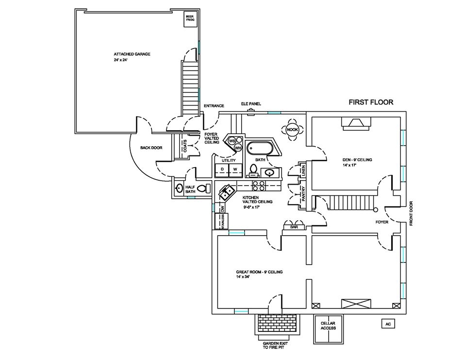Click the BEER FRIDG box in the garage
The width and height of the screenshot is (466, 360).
pos(190,19)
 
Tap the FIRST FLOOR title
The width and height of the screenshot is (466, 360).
pos(371,103)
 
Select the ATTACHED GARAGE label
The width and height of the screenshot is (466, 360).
pos(132,54)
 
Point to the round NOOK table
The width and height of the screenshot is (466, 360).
pos(292,129)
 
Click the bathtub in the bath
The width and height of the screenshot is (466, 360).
pos(259,148)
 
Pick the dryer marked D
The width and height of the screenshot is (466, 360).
pos(222,169)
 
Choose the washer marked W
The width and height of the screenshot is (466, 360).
pos(235,169)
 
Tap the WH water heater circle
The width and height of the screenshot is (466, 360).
pos(238,147)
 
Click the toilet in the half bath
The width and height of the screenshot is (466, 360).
pos(204,189)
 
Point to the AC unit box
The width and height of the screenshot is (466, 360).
pos(388,324)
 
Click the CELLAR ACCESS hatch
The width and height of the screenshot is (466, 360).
pos(329,329)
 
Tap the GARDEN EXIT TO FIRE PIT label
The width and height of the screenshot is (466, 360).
pos(275,345)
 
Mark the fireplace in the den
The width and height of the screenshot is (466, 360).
pos(356,124)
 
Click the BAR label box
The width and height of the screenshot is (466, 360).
pos(294,227)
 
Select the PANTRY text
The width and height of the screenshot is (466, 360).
pos(303,194)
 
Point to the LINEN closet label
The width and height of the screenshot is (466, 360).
pos(303,171)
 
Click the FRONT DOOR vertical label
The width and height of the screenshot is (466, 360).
pos(411,213)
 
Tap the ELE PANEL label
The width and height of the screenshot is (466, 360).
pos(251,104)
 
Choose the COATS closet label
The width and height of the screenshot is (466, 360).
pos(185,146)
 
